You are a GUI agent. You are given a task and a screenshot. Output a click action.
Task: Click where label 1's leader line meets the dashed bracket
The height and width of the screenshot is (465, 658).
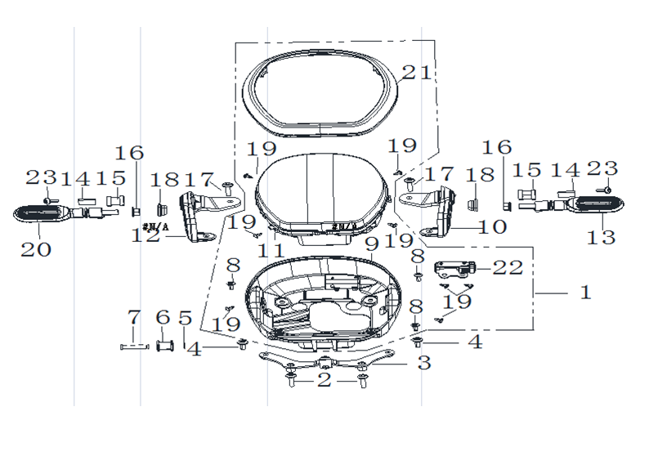[x=534, y=293]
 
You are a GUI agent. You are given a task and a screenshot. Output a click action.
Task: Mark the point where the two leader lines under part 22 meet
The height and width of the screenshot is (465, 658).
[x=459, y=293]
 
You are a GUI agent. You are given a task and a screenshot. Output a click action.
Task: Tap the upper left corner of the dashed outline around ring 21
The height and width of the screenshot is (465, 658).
[x=235, y=42]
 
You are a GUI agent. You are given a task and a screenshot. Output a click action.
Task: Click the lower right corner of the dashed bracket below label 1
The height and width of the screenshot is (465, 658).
[x=534, y=329]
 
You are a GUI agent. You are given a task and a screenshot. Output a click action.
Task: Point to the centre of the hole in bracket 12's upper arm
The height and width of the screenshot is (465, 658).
[x=229, y=201]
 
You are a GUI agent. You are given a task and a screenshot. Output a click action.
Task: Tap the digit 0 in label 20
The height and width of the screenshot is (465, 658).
[x=43, y=250]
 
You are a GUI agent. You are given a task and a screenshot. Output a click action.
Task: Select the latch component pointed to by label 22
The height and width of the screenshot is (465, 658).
[x=454, y=270]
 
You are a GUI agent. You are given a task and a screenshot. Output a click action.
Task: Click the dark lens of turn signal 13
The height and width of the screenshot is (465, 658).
[x=597, y=203]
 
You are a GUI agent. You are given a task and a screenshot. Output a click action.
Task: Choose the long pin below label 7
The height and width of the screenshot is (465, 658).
[x=134, y=347]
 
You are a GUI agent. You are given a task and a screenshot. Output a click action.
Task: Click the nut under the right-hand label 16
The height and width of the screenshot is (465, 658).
[x=506, y=206]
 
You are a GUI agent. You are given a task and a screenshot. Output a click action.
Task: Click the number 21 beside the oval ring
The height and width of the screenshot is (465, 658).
[x=417, y=72]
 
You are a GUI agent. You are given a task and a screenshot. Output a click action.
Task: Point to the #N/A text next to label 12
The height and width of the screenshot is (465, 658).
[x=155, y=227]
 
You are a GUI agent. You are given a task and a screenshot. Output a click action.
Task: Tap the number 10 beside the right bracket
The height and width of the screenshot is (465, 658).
[x=493, y=227]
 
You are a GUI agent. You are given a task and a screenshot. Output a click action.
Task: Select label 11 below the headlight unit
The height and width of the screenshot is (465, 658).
[x=271, y=251]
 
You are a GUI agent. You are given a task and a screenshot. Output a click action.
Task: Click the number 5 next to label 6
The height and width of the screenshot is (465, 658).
[x=185, y=318]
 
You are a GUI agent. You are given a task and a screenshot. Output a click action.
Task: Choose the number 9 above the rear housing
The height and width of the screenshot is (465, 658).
[x=372, y=244]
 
